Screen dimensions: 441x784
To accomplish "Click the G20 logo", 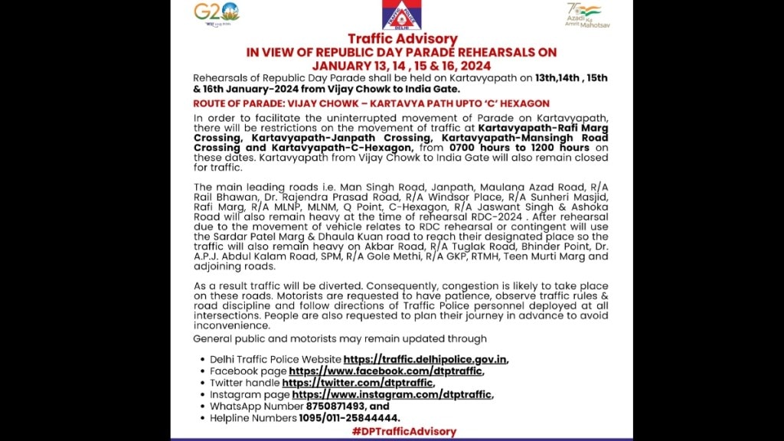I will coord(216,13).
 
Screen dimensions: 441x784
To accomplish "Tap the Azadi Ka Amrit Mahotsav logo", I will coord(587,15).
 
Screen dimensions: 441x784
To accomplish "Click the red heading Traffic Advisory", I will coord(402,39).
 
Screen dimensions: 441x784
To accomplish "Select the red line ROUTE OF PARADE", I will coord(371,103).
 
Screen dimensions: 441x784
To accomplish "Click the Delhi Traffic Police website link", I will coord(425,359).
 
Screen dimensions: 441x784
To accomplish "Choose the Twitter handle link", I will coord(358,383).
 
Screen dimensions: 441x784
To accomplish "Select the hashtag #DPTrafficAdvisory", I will coord(403,432).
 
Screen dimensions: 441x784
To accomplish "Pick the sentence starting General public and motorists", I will coord(340,339).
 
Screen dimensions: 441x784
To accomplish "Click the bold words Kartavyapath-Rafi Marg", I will coord(543,127).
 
